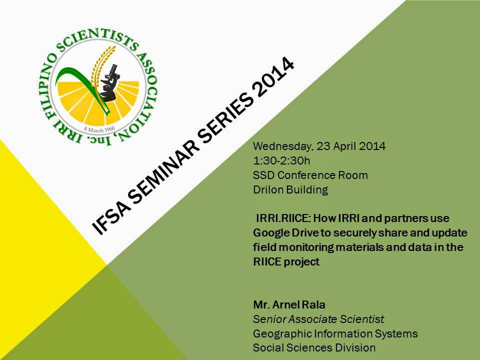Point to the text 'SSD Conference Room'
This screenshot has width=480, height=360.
[310, 175]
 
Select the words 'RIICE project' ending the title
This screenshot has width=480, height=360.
[286, 262]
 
